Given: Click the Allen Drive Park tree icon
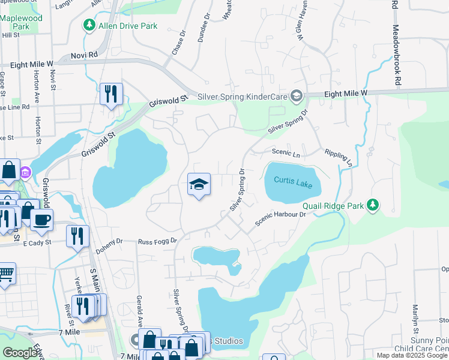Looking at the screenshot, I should pos(89,25).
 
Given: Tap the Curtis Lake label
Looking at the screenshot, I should pos(293,181).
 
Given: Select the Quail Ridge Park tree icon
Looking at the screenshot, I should pos(373,206).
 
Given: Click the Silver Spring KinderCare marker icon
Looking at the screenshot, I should pos(295,96).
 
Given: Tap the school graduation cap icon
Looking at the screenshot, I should pos(199,184).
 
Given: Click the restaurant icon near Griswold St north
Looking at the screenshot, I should pos(111,94).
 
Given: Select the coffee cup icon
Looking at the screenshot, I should pos(41,220).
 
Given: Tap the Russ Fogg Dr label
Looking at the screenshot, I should pos(157,241).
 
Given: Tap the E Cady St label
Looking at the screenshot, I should pos(38,243).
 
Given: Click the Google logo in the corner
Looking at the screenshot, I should pos(20,353).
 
